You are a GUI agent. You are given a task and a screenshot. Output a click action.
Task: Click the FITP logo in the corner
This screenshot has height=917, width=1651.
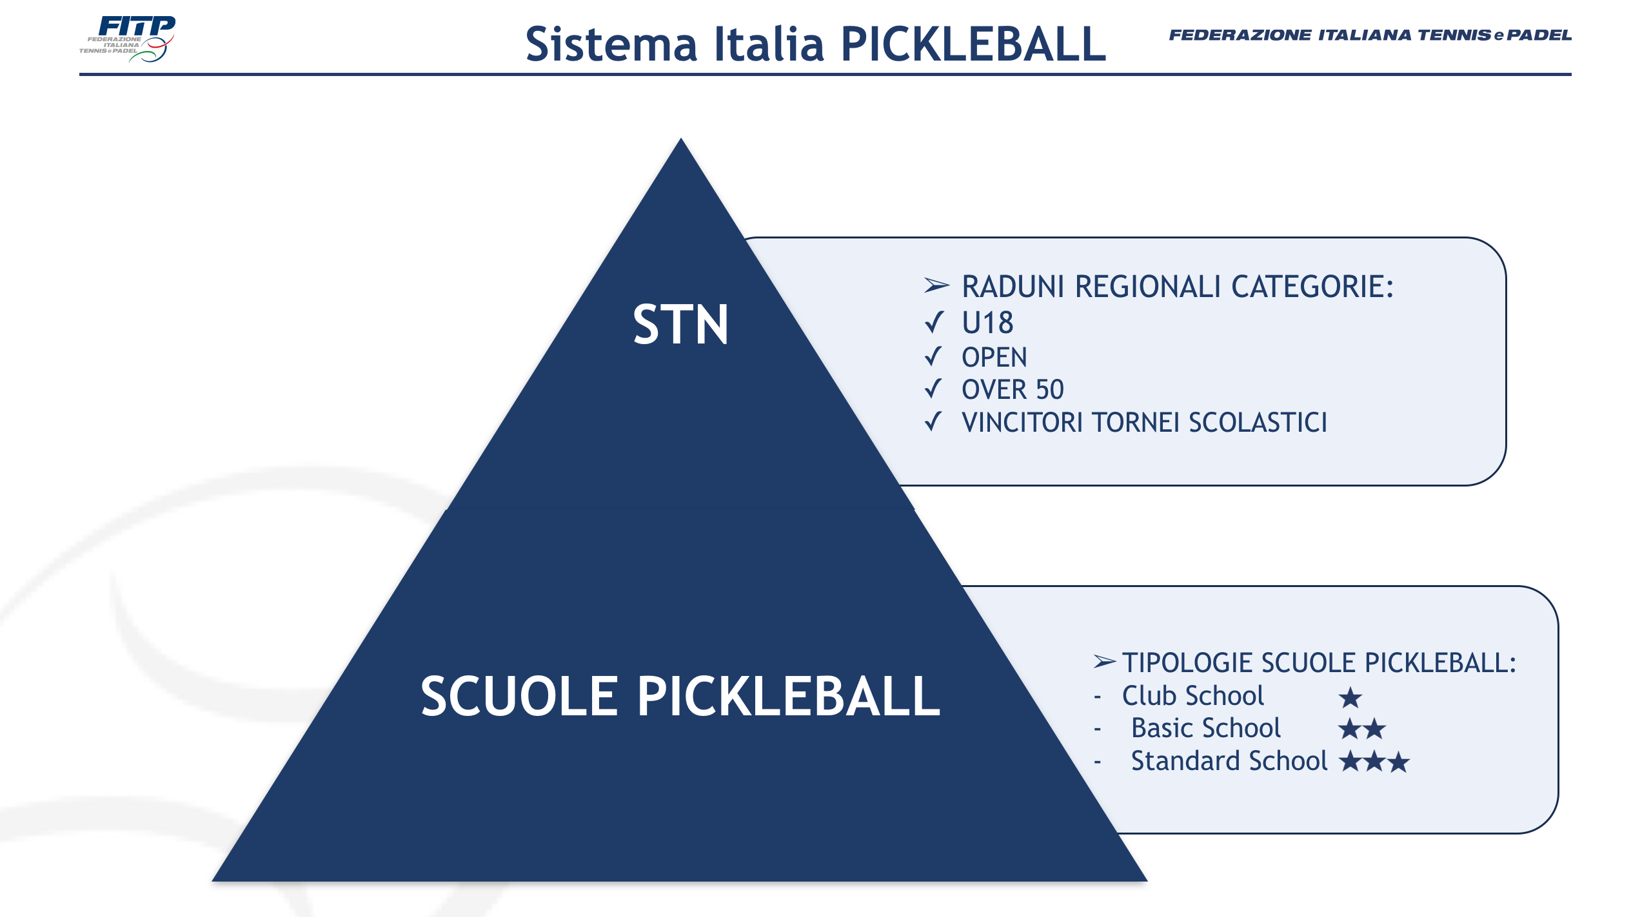tap(127, 39)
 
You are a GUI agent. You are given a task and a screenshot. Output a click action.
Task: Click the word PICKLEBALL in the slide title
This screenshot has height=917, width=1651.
tap(974, 44)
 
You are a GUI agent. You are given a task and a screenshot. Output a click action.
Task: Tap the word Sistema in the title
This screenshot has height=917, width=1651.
tap(611, 44)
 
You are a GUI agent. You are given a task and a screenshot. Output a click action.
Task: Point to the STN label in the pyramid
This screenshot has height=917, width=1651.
tap(680, 325)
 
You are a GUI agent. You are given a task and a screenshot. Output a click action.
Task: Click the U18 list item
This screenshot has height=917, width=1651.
tap(987, 323)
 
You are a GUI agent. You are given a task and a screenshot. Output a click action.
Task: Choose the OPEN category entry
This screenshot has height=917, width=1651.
tap(994, 357)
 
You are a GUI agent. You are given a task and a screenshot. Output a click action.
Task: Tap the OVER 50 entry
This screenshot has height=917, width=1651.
tap(1013, 389)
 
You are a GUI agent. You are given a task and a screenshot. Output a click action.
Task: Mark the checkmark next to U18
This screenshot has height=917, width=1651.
tap(933, 322)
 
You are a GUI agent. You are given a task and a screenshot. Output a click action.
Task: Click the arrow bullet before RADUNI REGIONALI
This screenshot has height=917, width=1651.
tap(936, 285)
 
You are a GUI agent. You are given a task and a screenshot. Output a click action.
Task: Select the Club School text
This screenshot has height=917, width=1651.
tap(1192, 695)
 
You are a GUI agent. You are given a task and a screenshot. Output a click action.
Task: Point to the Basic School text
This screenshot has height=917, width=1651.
tap(1206, 728)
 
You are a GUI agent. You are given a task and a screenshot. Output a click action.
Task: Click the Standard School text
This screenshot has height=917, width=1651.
tap(1229, 761)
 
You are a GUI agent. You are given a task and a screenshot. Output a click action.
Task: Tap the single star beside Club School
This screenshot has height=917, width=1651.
tap(1350, 697)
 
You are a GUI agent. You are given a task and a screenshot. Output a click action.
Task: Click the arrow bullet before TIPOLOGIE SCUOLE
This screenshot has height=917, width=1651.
tap(1105, 661)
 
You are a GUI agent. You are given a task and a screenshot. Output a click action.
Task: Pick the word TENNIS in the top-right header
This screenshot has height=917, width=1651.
tap(1453, 35)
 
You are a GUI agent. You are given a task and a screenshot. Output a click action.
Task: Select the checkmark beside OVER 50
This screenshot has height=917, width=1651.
tap(933, 389)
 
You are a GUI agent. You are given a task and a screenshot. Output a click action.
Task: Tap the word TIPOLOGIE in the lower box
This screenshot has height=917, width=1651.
tap(1188, 662)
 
